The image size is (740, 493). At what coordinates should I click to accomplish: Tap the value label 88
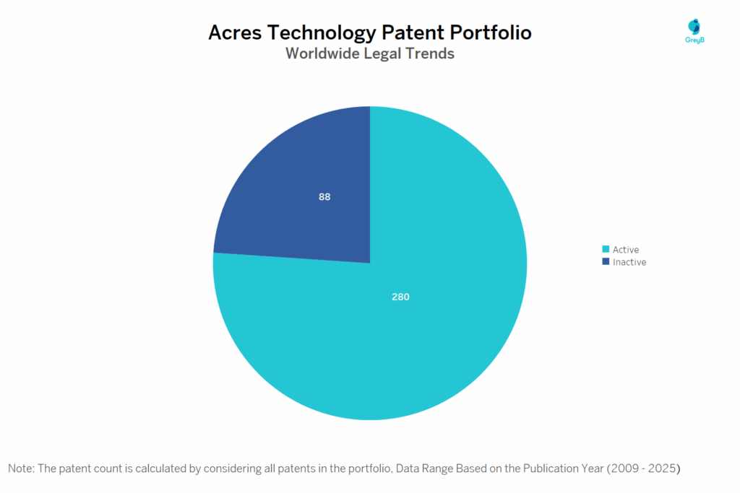(324, 196)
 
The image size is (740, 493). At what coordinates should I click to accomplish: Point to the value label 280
(401, 297)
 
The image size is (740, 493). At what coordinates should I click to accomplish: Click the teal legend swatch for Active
(606, 249)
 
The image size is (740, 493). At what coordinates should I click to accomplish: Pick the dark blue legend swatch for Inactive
(606, 261)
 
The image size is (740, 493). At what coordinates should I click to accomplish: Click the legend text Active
(626, 250)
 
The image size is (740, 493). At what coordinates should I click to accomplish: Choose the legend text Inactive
(629, 262)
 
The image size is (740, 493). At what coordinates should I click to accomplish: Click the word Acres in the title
(234, 33)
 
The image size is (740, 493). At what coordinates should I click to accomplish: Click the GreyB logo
(694, 30)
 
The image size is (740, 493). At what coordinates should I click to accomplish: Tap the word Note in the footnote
(21, 468)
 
